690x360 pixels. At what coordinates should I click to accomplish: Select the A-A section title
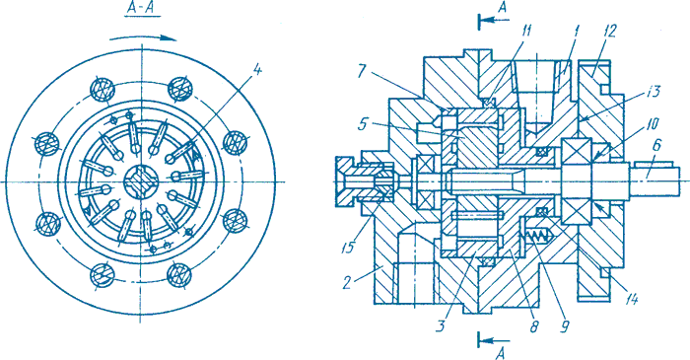click(x=143, y=9)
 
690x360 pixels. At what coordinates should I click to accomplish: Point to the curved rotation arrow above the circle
click(x=143, y=38)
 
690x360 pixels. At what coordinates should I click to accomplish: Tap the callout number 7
click(x=362, y=70)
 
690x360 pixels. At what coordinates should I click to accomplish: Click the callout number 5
click(x=363, y=125)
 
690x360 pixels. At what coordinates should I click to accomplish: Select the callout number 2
click(x=348, y=282)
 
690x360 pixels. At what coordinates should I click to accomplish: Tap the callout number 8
click(x=534, y=325)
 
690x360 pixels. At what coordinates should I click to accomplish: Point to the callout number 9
click(x=565, y=325)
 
